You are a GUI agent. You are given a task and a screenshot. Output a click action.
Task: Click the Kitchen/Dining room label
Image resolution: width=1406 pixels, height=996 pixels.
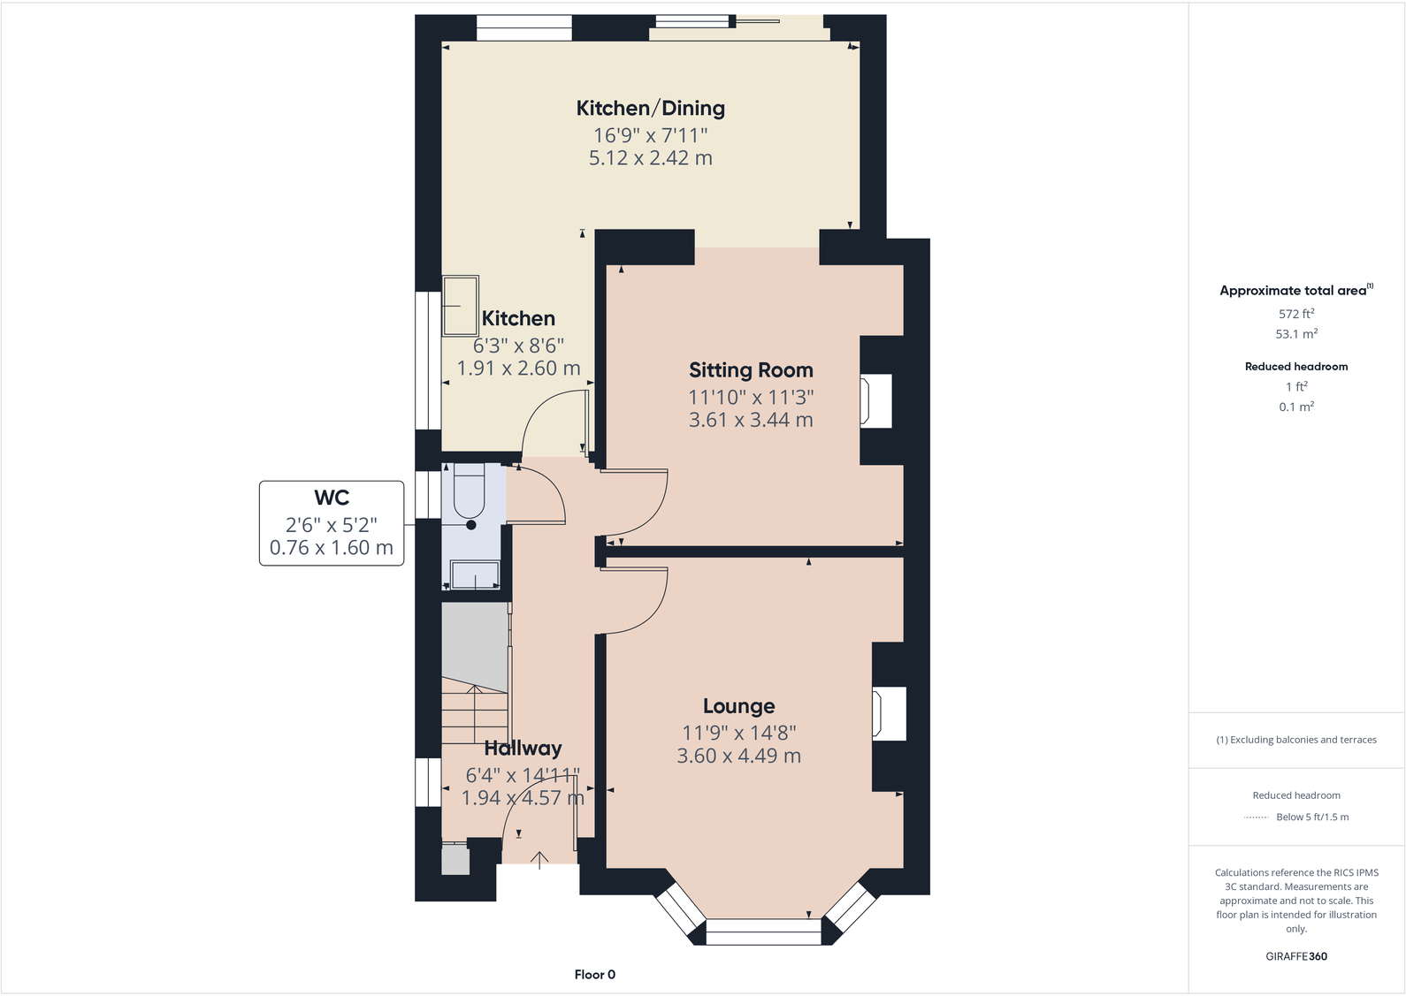pyautogui.click(x=650, y=108)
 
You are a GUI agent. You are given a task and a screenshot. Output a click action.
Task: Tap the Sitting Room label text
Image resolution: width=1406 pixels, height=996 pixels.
pyautogui.click(x=751, y=370)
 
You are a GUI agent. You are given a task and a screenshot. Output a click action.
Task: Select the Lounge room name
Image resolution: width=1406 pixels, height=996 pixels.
pyautogui.click(x=738, y=706)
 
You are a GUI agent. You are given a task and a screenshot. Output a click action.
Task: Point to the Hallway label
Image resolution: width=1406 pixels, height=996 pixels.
pyautogui.click(x=523, y=749)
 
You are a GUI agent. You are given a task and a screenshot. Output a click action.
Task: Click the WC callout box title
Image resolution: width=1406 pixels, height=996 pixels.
pyautogui.click(x=332, y=498)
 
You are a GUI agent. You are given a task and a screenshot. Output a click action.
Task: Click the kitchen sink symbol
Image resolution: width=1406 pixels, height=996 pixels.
pyautogui.click(x=460, y=306)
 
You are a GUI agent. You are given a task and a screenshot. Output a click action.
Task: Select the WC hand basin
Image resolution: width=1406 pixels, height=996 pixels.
pyautogui.click(x=475, y=575)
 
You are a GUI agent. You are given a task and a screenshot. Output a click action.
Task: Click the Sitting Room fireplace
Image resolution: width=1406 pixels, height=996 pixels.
pyautogui.click(x=876, y=400)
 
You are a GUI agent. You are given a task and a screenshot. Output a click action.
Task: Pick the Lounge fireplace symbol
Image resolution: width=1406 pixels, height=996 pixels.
pyautogui.click(x=889, y=714)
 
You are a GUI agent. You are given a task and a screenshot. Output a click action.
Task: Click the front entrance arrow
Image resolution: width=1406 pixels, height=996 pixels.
pyautogui.click(x=539, y=860)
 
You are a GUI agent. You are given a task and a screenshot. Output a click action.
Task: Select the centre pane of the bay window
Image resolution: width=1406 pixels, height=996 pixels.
pyautogui.click(x=763, y=932)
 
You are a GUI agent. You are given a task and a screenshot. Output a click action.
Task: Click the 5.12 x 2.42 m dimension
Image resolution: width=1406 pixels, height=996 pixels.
pyautogui.click(x=650, y=157)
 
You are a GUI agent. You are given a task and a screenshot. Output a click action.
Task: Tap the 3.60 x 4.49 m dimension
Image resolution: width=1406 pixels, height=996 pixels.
pyautogui.click(x=738, y=756)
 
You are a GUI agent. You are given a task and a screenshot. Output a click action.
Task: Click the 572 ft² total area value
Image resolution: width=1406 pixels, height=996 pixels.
pyautogui.click(x=1296, y=314)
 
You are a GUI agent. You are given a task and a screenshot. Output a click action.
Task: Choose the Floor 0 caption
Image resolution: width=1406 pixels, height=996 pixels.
pyautogui.click(x=595, y=974)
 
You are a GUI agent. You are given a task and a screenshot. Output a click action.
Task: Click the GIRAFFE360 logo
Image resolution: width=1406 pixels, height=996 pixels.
pyautogui.click(x=1296, y=956)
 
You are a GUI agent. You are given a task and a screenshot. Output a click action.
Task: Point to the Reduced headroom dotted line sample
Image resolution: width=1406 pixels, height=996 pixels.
pyautogui.click(x=1256, y=817)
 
